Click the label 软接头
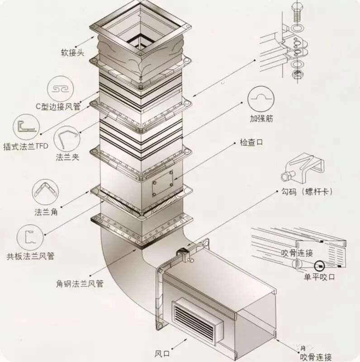click(x=73, y=52)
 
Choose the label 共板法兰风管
click(x=31, y=257)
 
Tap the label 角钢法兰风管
click(x=80, y=284)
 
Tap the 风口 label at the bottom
click(x=161, y=352)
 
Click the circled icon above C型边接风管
click(x=62, y=88)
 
